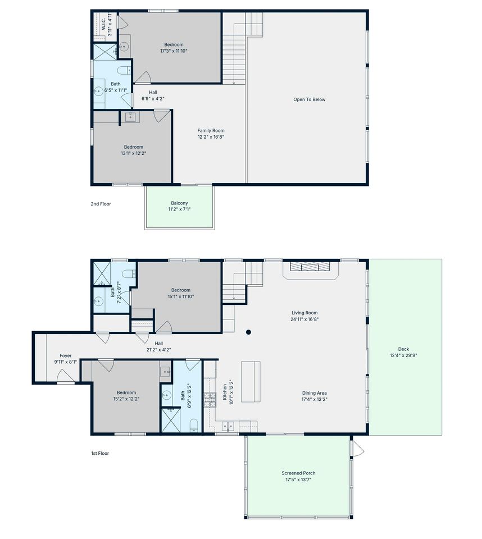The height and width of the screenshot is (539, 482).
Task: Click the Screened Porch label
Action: tap(298, 473)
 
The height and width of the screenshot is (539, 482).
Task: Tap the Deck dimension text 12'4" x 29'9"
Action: tap(403, 355)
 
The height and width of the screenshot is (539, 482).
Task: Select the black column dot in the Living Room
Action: tap(248, 332)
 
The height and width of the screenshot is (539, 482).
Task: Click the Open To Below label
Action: tap(310, 99)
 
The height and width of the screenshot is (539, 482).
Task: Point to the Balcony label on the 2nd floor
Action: tap(179, 203)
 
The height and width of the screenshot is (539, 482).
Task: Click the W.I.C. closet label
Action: tap(103, 24)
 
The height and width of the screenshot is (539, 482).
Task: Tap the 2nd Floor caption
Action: tap(101, 204)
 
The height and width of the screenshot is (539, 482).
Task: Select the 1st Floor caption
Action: tap(100, 454)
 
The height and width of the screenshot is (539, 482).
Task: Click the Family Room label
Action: tap(211, 130)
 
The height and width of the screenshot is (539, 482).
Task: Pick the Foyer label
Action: tap(65, 356)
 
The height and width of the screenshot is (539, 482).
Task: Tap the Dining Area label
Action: tap(315, 393)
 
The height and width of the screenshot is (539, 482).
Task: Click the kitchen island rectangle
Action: tap(251, 381)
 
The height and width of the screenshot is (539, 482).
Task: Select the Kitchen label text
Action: tap(225, 392)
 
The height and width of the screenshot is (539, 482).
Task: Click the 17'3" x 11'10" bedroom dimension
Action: tap(174, 51)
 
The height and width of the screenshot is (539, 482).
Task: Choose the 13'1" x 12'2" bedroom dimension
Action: tap(134, 153)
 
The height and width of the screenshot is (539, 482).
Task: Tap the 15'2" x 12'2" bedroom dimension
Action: tap(126, 399)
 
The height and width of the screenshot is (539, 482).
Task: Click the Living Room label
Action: tap(304, 313)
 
